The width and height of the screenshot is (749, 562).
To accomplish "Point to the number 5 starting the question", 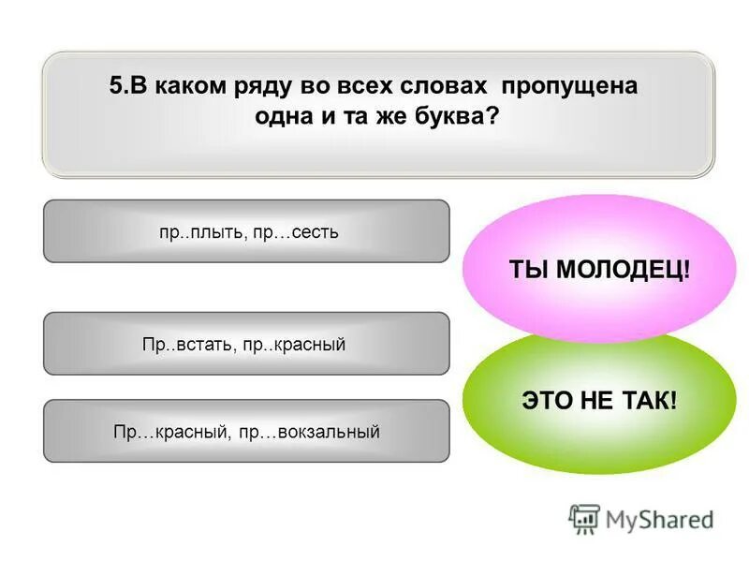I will click(115, 86).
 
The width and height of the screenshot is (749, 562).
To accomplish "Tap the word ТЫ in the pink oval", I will click(527, 270).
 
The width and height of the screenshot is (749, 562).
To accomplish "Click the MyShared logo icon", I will click(584, 519).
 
